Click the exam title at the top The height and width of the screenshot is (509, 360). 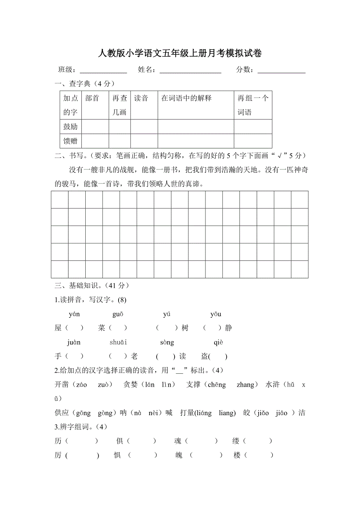pyautogui.click(x=180, y=54)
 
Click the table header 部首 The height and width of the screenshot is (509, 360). pyautogui.click(x=92, y=98)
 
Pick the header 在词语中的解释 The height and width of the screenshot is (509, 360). pyautogui.click(x=186, y=98)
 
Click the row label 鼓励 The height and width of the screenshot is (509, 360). pyautogui.click(x=70, y=127)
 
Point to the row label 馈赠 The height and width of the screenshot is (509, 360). pyautogui.click(x=70, y=141)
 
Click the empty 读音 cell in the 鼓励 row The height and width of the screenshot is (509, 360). pyautogui.click(x=144, y=127)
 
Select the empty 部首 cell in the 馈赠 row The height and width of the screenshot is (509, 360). pyautogui.click(x=95, y=141)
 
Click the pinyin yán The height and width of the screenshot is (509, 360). pyautogui.click(x=74, y=314)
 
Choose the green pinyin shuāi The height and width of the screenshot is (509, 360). pyautogui.click(x=118, y=342)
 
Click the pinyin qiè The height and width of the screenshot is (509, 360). pyautogui.click(x=218, y=342)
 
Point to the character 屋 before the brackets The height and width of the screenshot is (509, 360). pyautogui.click(x=58, y=328)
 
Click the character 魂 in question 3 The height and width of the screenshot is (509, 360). pyautogui.click(x=178, y=441)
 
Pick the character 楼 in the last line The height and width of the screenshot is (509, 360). pyautogui.click(x=237, y=455)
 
